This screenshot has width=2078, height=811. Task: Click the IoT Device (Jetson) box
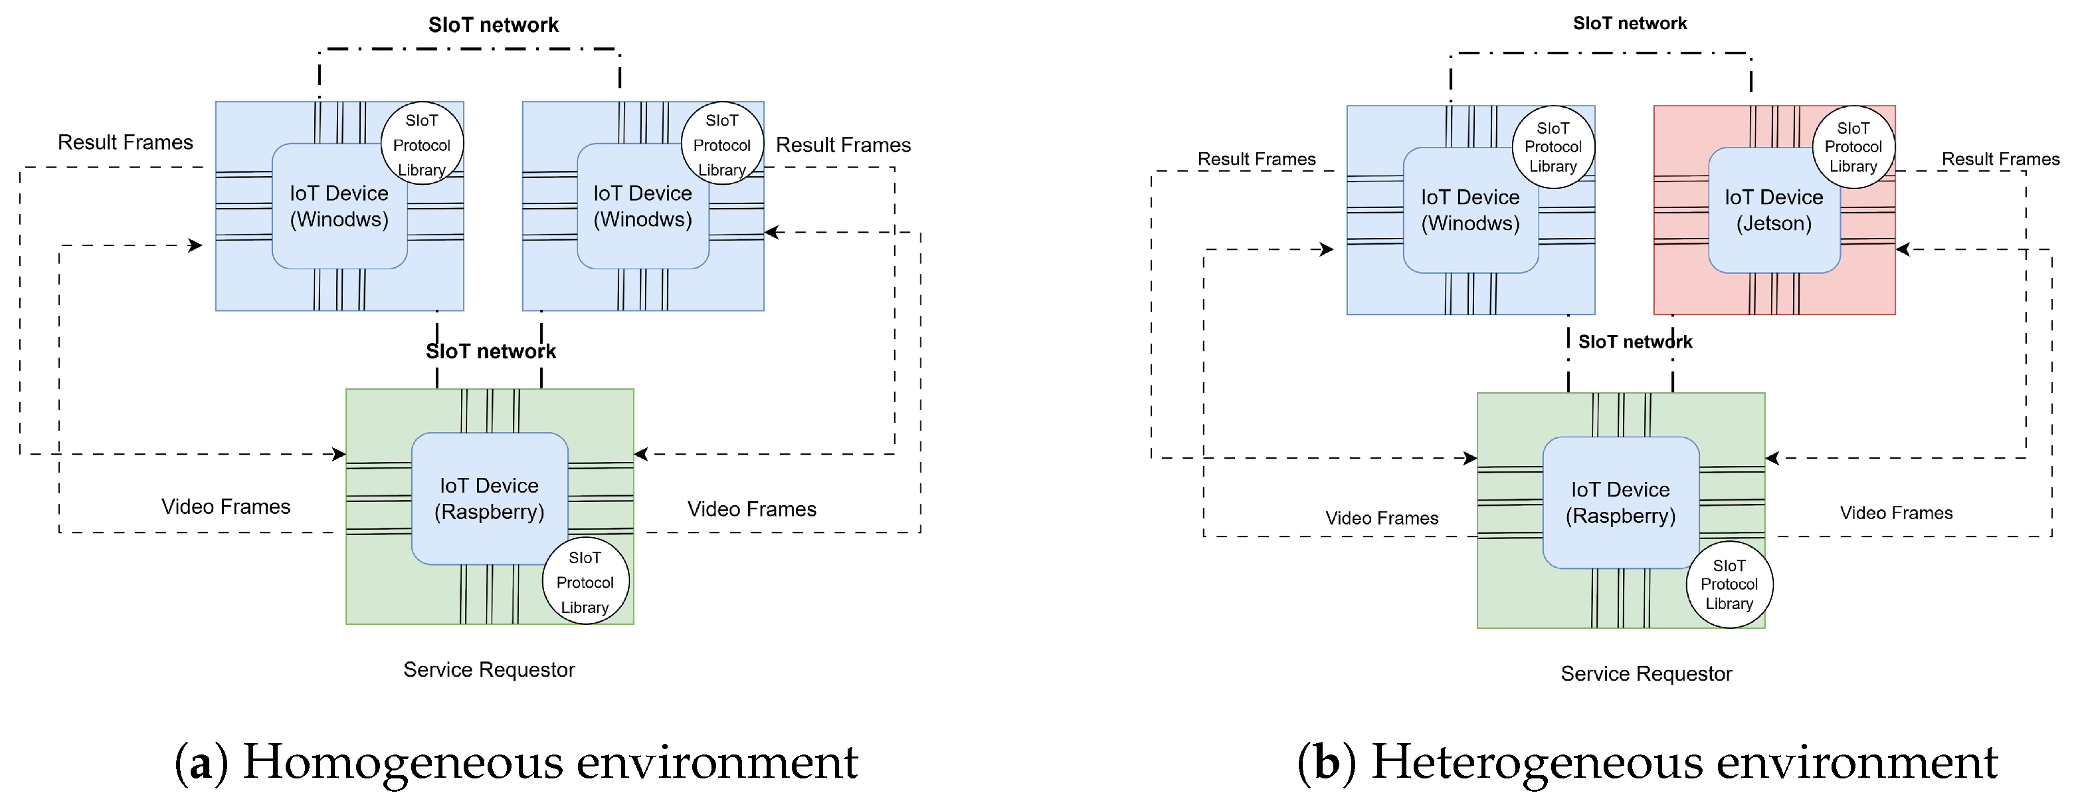1774,210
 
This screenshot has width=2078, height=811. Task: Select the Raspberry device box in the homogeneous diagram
490,498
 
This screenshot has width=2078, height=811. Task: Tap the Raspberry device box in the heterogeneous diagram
1621,503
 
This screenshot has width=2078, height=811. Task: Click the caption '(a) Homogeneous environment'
516,762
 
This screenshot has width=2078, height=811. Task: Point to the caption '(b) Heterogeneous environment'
1648,762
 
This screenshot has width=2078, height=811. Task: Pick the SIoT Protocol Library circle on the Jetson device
1853,147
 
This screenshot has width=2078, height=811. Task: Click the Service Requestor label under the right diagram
1646,674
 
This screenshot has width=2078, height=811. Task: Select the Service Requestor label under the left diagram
489,670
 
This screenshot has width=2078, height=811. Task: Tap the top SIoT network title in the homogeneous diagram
494,25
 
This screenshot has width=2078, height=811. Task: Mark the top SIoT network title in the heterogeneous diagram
1630,23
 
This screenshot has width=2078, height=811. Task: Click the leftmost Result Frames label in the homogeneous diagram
125,142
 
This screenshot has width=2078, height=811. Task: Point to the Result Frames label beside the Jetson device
2000,159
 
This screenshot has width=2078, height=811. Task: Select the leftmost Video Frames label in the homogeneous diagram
226,507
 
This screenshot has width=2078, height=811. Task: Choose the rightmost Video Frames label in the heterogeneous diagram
1897,513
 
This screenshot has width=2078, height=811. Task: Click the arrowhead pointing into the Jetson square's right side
1903,249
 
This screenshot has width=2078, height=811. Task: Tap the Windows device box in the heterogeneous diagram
1471,210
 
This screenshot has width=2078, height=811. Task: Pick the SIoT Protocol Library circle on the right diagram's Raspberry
1729,584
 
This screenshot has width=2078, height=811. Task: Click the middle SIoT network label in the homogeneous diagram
492,351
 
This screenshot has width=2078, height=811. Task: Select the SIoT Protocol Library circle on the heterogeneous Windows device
1554,147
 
